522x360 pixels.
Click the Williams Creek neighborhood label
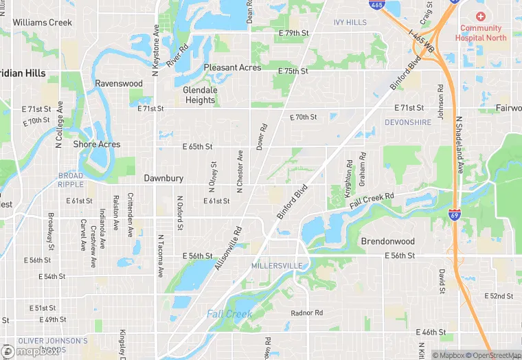point(42,23)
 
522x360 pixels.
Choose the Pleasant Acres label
point(232,67)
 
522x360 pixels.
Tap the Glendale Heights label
point(200,95)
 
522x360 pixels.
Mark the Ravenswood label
point(119,84)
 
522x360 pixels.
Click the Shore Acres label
point(97,144)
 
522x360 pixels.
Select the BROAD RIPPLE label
point(70,181)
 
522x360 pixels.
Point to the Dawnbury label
point(163,178)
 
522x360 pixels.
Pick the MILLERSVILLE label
point(277,265)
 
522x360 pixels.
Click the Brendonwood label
point(388,242)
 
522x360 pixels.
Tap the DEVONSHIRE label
point(409,122)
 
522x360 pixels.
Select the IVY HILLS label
point(350,23)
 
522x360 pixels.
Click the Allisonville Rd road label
point(229,248)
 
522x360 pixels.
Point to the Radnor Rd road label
point(306,313)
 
